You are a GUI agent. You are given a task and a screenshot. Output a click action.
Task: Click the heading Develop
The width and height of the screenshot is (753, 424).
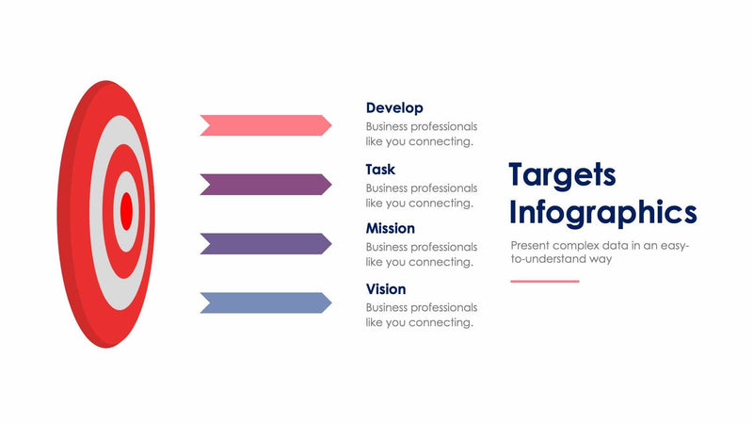pos(394,108)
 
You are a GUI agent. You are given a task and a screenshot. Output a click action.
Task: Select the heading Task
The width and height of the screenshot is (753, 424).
pos(380,170)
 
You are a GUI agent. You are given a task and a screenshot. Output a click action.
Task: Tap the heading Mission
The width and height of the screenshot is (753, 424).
pos(390,228)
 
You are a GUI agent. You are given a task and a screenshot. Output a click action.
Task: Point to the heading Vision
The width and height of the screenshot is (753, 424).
pos(386,289)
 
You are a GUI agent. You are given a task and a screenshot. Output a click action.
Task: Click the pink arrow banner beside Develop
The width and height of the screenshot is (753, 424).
pos(264,125)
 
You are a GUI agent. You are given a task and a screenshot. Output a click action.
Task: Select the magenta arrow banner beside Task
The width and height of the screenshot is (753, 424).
pos(264,185)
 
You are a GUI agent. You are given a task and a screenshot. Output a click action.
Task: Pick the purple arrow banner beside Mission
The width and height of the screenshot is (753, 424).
pos(264,244)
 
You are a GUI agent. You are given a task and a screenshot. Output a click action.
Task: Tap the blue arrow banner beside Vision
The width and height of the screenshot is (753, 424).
pos(264,303)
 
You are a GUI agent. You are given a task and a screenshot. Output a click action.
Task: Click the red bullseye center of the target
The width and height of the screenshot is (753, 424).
pos(125,210)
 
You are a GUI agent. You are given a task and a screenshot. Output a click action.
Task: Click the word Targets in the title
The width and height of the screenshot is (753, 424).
pos(562,175)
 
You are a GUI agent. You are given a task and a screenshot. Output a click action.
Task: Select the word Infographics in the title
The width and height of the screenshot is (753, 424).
pos(602,213)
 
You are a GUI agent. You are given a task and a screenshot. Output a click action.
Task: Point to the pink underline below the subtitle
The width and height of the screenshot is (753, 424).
pos(545,281)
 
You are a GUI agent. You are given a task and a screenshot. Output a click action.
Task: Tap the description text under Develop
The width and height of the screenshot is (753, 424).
pos(421,134)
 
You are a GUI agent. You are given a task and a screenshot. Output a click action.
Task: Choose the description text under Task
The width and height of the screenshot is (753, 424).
pos(421,195)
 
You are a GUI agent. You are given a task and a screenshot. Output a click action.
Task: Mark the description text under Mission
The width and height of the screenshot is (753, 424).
pos(421,254)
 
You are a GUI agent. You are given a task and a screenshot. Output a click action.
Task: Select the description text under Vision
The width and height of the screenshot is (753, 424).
pos(421,315)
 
